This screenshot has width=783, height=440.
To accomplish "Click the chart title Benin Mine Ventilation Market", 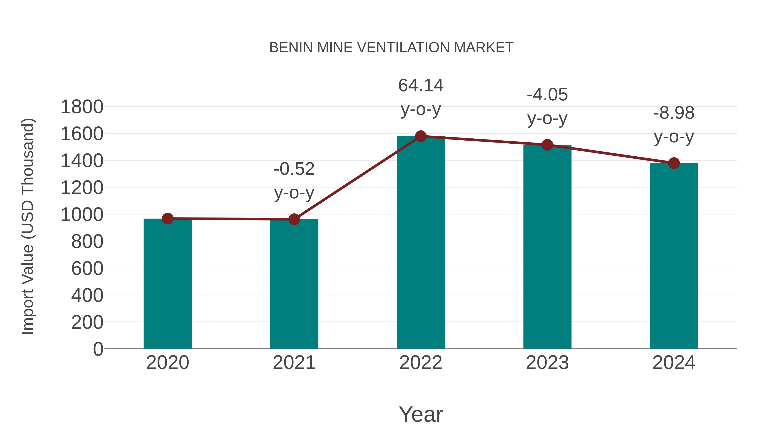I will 391,48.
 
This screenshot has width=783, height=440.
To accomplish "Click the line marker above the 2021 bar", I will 294,219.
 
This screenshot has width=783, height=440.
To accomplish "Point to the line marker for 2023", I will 547,145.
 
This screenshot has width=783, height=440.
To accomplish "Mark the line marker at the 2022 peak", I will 421,136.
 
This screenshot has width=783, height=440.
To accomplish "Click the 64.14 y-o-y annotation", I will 421,97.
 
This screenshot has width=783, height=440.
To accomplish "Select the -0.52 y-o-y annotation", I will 294,181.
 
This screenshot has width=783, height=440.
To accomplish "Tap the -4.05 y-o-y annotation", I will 547,106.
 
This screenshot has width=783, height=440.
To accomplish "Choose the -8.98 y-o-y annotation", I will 674,125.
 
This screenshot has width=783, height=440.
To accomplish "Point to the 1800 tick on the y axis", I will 82,107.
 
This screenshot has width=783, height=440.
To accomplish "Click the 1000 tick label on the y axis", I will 82,215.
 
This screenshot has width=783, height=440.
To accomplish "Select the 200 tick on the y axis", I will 87,322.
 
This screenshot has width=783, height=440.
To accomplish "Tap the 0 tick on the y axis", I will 98,349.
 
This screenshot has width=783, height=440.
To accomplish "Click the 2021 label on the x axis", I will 294,363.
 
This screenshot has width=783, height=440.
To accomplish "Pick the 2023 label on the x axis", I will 547,363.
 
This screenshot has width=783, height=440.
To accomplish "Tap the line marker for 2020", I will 167,219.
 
